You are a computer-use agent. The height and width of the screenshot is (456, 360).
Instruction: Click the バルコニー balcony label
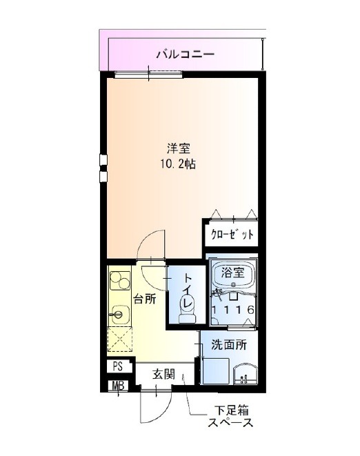[186, 54]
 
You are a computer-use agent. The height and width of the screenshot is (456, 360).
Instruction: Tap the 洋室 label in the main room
[179, 148]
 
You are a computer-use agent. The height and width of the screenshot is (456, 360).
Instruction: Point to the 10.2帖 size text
[178, 165]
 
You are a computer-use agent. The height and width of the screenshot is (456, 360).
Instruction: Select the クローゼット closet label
[232, 234]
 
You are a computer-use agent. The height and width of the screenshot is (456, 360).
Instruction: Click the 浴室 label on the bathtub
[232, 273]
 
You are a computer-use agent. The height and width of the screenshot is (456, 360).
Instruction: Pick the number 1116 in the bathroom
[233, 310]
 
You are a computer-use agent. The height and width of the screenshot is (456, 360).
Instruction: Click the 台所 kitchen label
[145, 299]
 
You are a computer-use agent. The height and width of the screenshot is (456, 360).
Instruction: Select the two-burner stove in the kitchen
[120, 281]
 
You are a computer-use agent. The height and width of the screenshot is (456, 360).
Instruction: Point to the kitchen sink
[119, 315]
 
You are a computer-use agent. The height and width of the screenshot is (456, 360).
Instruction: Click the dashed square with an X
[120, 339]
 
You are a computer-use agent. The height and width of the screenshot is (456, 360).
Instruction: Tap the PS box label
[118, 367]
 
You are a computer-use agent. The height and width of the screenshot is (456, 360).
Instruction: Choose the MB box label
[119, 386]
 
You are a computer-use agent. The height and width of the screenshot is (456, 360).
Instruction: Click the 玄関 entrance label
[164, 375]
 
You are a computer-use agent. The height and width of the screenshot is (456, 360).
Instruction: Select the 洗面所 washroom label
[229, 345]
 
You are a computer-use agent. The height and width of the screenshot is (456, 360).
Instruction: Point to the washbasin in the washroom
[246, 374]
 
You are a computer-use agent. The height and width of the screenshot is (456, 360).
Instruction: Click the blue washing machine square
[216, 371]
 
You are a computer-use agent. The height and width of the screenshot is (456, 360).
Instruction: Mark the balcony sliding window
[148, 75]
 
